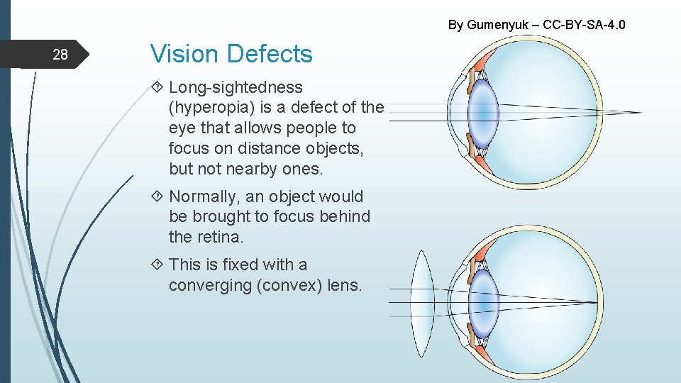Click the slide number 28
(60, 55)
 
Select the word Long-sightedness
(236, 88)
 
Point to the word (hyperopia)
(206, 108)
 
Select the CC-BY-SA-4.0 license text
(584, 25)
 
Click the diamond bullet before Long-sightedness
(157, 87)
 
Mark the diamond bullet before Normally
(157, 196)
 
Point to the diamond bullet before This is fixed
(157, 265)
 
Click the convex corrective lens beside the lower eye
(423, 303)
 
